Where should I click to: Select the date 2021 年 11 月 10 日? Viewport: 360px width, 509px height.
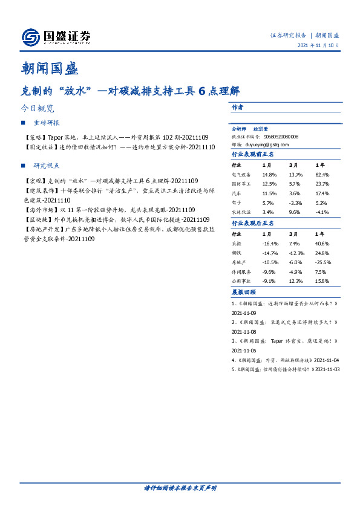318,45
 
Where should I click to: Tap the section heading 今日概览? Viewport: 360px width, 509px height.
38,109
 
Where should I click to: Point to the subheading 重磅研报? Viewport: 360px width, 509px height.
47,123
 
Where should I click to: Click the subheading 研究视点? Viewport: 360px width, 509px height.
47,166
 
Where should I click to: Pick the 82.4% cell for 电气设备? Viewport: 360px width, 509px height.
322,174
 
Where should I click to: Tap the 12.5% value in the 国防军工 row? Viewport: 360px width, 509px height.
269,183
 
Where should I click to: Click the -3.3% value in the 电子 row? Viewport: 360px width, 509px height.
296,203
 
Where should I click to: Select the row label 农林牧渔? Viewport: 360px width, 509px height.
242,212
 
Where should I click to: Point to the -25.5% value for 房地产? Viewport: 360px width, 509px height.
322,263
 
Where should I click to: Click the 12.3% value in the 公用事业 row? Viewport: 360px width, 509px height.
296,280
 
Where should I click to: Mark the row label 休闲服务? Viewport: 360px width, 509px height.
242,272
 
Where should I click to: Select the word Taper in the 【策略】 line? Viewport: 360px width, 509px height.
53,138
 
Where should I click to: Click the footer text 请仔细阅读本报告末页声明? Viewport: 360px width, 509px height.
180,487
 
